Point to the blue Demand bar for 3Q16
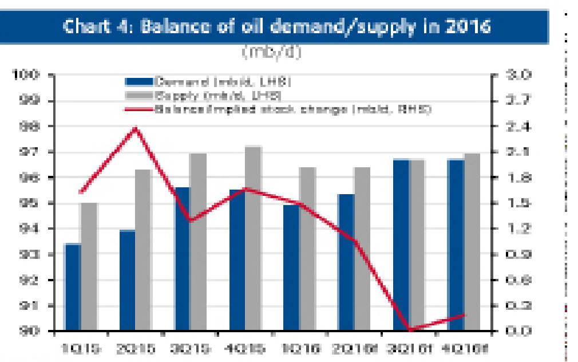coord(401,246)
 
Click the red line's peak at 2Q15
coord(136,128)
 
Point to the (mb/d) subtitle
coord(271,52)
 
